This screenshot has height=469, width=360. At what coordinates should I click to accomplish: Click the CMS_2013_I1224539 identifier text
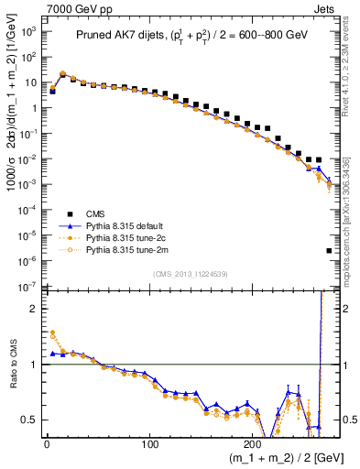tap(190, 272)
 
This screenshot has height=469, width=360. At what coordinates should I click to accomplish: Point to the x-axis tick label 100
tap(149, 447)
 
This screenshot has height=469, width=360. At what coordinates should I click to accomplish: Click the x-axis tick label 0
tap(47, 447)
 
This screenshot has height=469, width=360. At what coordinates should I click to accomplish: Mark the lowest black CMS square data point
tap(329, 250)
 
